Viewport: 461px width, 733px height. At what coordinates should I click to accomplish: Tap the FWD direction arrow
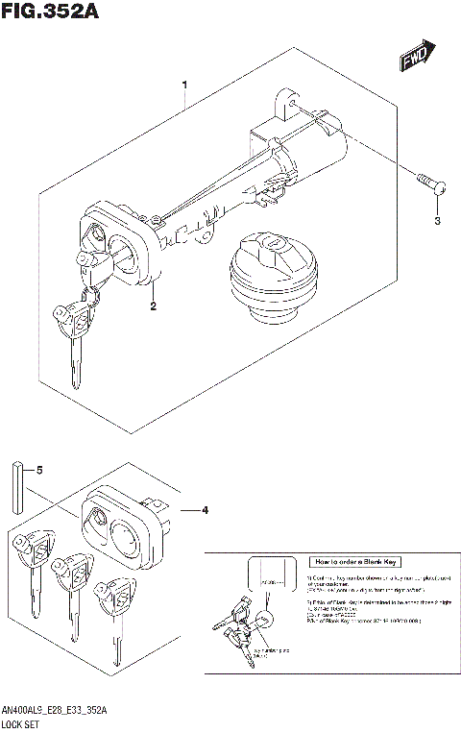pos(418,57)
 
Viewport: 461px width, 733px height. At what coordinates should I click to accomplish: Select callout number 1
pos(184,86)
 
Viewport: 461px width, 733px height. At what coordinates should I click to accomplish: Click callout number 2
pos(152,306)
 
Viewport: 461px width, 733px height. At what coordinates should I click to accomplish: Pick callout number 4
pos(206,509)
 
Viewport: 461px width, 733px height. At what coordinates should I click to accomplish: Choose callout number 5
pos(39,471)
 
